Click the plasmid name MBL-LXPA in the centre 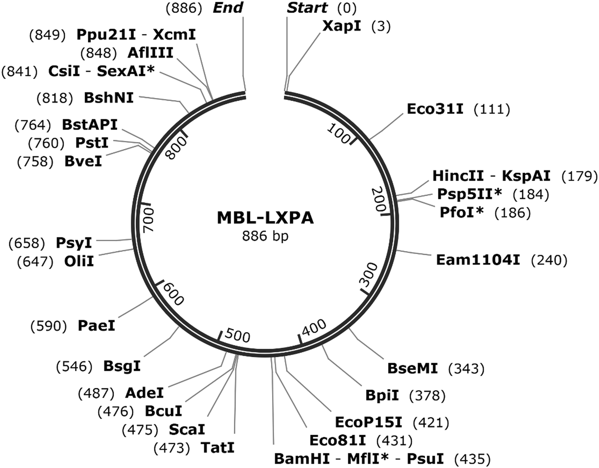point(265,218)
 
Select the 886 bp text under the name point(265,236)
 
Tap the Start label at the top point(307,8)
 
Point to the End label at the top point(228,8)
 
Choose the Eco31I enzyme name point(435,109)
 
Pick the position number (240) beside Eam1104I point(549,260)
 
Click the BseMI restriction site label point(412,368)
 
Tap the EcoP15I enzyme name point(368,422)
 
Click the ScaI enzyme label point(187,429)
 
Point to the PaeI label point(96,326)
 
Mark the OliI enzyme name point(79,261)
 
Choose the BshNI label point(109,98)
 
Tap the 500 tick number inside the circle point(237,335)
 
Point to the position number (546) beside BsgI point(75,366)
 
